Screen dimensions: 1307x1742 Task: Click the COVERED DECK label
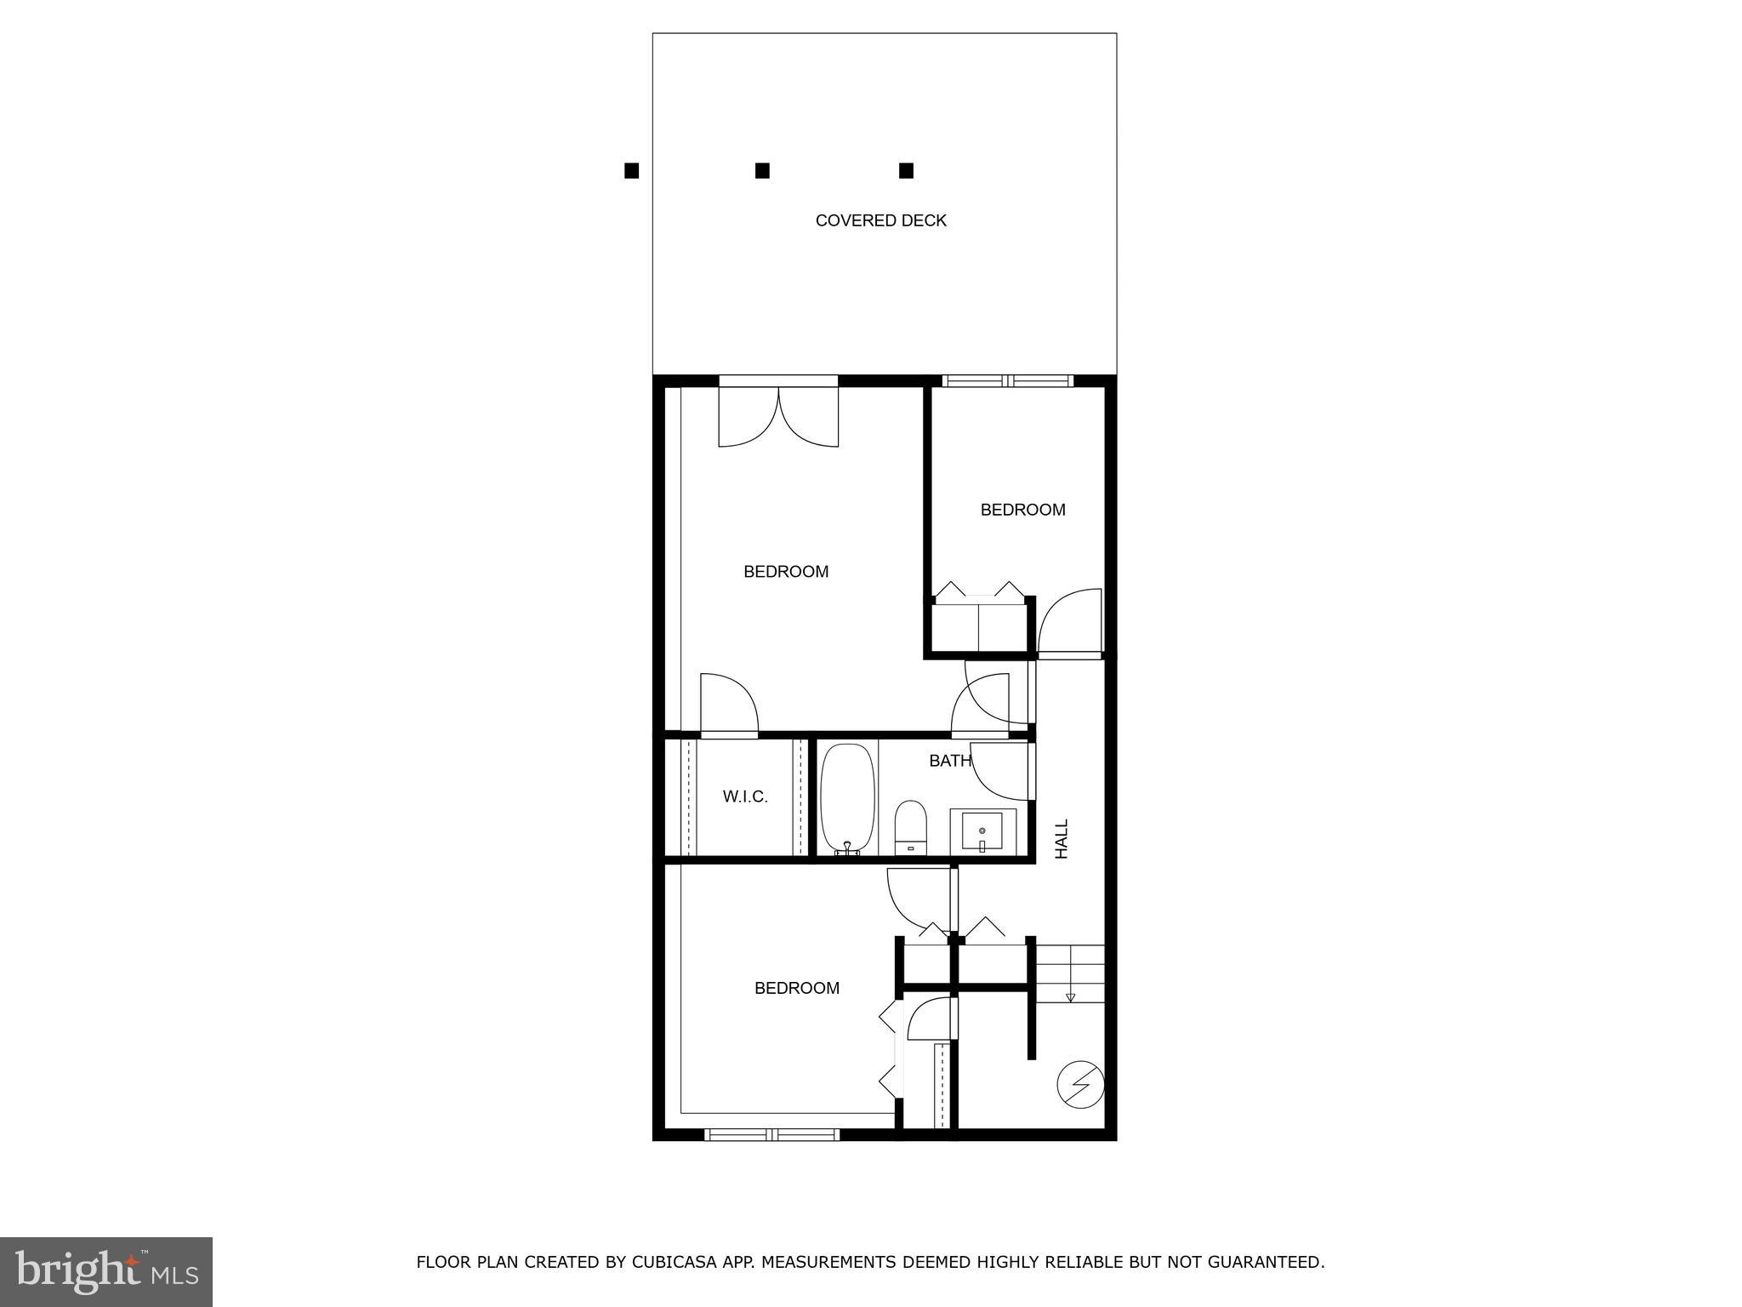(x=880, y=221)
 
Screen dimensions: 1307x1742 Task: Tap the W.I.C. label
(x=745, y=797)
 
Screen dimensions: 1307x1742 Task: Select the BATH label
(x=949, y=761)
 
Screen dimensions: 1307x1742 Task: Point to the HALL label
(x=1062, y=839)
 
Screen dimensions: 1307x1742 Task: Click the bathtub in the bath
(x=847, y=799)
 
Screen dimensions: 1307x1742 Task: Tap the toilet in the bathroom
(x=910, y=825)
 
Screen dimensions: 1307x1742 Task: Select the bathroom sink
(x=982, y=831)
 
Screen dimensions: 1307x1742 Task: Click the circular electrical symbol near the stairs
(x=1080, y=1086)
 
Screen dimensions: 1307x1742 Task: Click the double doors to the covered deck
(x=778, y=415)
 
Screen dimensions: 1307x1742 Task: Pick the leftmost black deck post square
(x=631, y=171)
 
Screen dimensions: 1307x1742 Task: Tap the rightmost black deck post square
(x=906, y=171)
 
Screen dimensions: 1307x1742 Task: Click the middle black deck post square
(x=762, y=171)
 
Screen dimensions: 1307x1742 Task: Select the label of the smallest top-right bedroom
(x=1022, y=511)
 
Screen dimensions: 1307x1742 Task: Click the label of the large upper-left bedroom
(x=786, y=572)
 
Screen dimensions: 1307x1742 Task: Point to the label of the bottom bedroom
(x=797, y=988)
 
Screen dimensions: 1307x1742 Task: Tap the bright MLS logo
(x=106, y=1272)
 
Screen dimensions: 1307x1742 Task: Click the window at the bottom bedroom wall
(x=772, y=1134)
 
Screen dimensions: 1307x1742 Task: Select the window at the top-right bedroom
(x=1008, y=381)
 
